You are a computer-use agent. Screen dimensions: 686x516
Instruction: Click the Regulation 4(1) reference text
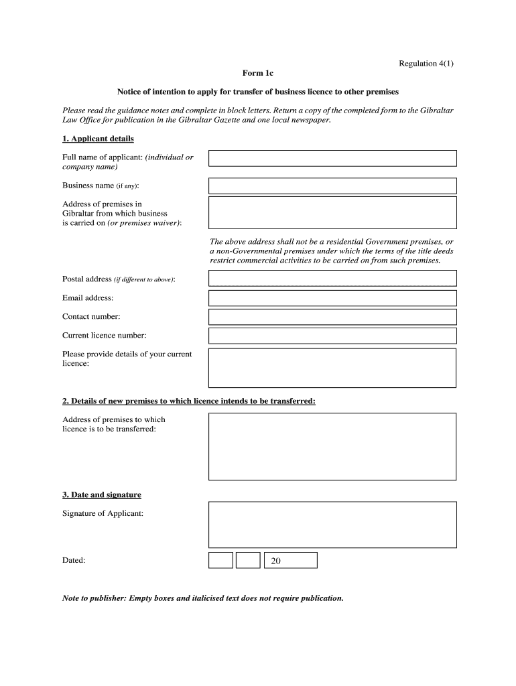pos(426,64)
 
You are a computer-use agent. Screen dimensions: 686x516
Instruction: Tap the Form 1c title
pos(258,73)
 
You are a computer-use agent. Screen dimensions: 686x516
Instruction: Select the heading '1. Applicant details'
pos(98,139)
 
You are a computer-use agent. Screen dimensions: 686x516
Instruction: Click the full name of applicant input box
pos(332,158)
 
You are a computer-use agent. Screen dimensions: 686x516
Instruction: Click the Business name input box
pos(332,186)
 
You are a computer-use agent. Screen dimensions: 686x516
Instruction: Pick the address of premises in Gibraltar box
pos(332,212)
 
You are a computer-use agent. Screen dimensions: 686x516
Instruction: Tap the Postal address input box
pos(332,278)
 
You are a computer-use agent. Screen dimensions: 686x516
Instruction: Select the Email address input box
pos(332,298)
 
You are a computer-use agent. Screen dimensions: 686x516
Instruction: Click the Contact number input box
pos(332,317)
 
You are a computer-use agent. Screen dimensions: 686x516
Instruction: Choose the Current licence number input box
pos(332,336)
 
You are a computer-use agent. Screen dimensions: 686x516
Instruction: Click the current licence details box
pos(332,368)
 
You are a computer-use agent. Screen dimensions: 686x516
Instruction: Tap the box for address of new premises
pos(332,446)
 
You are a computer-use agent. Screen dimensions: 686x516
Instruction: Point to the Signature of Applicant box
pos(332,525)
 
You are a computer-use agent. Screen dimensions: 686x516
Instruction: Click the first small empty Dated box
pos(220,560)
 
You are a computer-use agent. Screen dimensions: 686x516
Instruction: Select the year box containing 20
pos(290,560)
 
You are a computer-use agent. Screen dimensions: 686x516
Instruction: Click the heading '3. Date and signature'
pos(102,495)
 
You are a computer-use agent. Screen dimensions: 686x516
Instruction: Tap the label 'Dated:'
pos(74,560)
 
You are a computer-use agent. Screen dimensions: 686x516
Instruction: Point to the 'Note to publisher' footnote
pos(202,598)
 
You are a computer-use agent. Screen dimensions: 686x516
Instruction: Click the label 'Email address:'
pos(88,298)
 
